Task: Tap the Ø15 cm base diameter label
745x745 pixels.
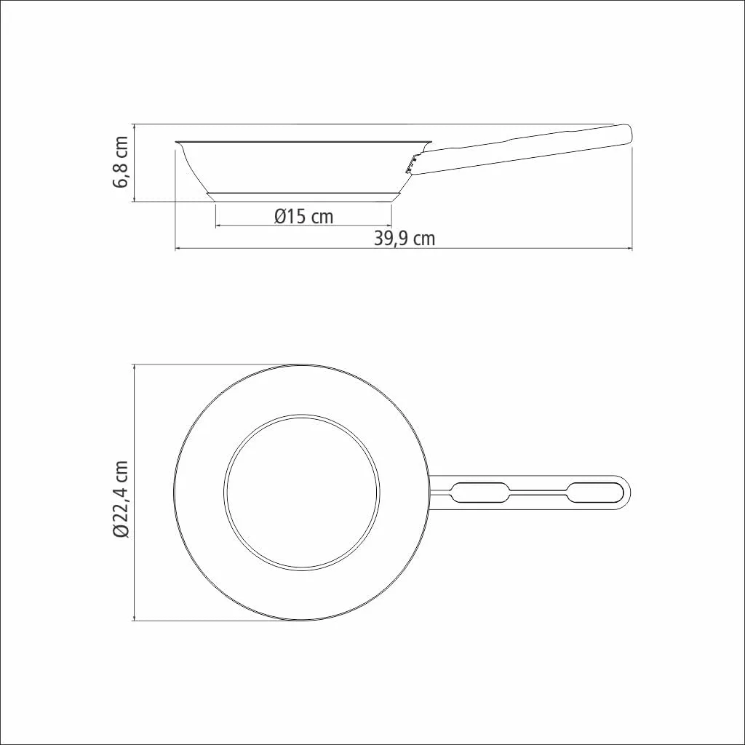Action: tap(304, 217)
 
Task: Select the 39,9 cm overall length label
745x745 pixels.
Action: tap(405, 238)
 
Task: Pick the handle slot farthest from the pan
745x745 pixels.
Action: tap(596, 493)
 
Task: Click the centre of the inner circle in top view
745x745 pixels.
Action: tap(302, 493)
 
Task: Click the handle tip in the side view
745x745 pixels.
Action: tap(629, 134)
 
